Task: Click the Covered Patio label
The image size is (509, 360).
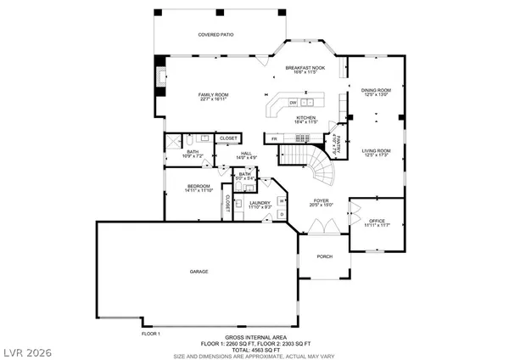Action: coord(215,35)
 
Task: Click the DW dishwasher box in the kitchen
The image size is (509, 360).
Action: coord(293,103)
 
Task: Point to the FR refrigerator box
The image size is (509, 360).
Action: coord(274,138)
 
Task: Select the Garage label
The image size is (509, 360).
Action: coord(199,272)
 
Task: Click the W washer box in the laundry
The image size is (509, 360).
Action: coord(282,200)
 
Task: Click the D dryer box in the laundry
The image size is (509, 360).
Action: coord(282,214)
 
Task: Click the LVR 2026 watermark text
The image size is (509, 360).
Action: coord(30,348)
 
